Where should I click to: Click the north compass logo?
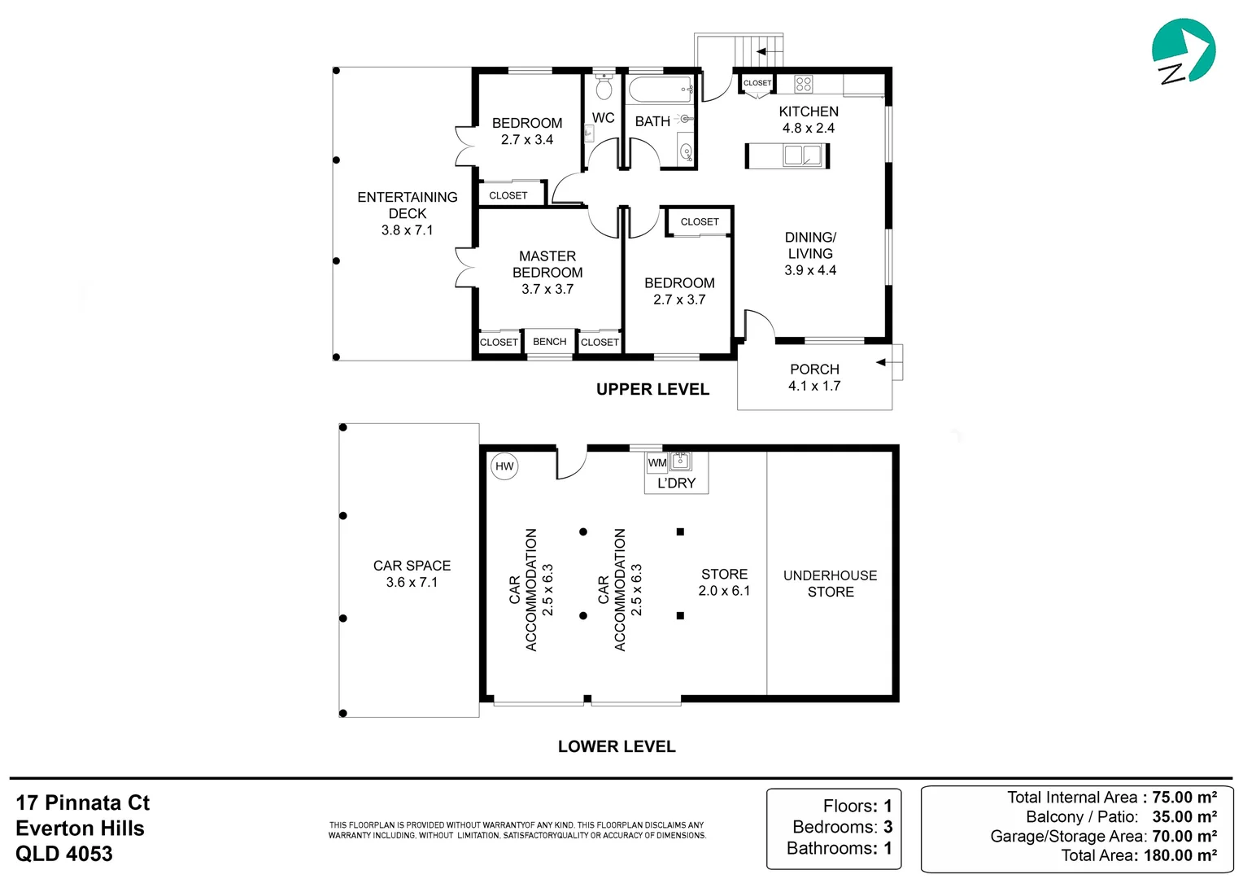[x=1183, y=51]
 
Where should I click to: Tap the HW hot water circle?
[x=504, y=466]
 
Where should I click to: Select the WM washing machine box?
[x=657, y=462]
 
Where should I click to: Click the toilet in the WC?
[x=603, y=85]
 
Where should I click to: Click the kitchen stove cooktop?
[x=804, y=84]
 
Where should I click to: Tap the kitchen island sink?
[x=802, y=155]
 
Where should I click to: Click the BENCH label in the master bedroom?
[x=549, y=342]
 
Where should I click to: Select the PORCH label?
[x=814, y=370]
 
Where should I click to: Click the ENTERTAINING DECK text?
[x=408, y=205]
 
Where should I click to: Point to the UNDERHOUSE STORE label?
[x=830, y=584]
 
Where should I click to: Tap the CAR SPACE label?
[x=412, y=566]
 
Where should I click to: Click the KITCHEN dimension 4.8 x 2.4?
[x=809, y=129]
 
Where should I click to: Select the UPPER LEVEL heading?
[x=652, y=389]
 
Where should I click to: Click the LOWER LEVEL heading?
[x=617, y=746]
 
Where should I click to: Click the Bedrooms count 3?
[x=888, y=827]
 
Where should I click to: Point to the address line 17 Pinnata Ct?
[x=83, y=803]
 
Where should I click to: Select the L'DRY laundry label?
[x=677, y=483]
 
